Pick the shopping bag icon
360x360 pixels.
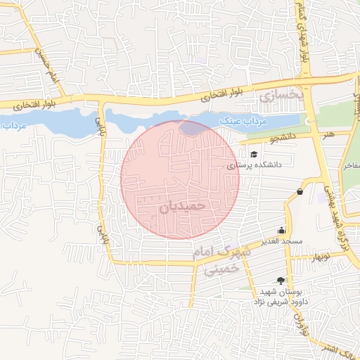pyautogui.click(x=300, y=191)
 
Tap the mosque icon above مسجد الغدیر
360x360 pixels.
pyautogui.click(x=282, y=230)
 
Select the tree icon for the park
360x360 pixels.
pyautogui.click(x=282, y=281)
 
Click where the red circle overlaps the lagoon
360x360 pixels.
pyautogui.click(x=192, y=128)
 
